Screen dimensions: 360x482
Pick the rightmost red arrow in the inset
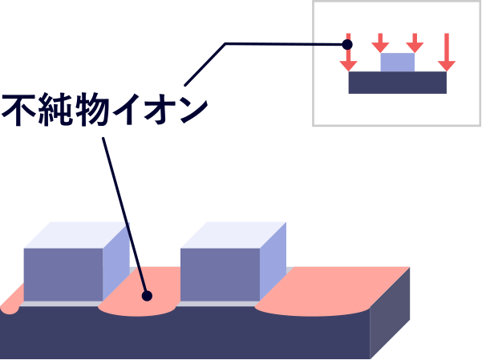pyautogui.click(x=447, y=53)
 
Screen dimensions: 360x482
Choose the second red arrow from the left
pyautogui.click(x=380, y=43)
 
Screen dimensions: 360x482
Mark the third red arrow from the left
pyautogui.click(x=415, y=43)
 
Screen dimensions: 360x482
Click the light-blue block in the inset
pyautogui.click(x=398, y=63)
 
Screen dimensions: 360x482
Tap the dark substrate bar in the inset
pyautogui.click(x=398, y=83)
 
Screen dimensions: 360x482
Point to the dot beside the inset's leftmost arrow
pyautogui.click(x=347, y=44)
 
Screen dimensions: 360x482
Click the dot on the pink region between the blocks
pyautogui.click(x=147, y=296)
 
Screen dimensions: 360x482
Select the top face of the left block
pyautogui.click(x=76, y=235)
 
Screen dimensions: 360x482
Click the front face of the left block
pyautogui.click(x=63, y=274)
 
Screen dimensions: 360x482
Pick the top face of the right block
pyautogui.click(x=233, y=235)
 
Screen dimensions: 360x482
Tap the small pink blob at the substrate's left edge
pyautogui.click(x=9, y=307)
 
